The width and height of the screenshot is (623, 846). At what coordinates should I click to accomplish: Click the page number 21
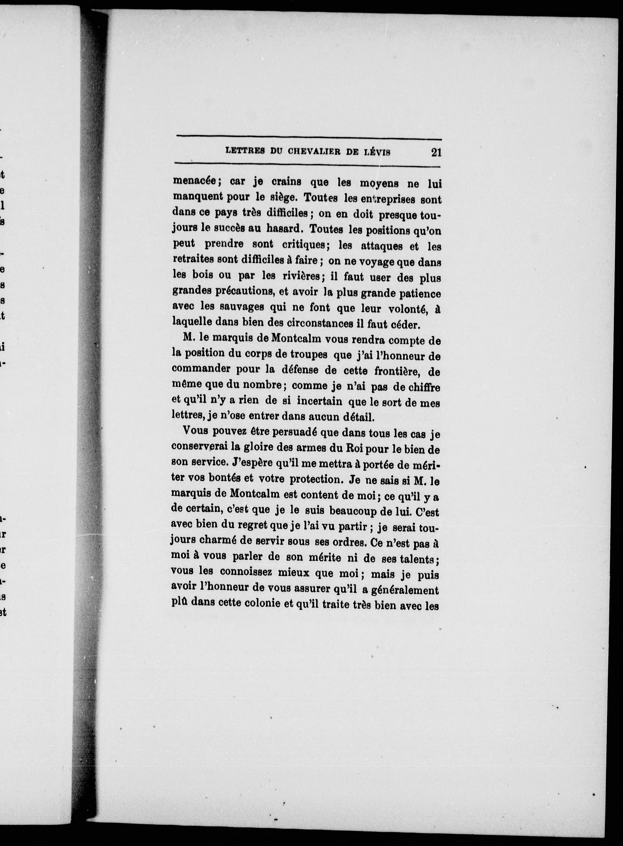tap(436, 153)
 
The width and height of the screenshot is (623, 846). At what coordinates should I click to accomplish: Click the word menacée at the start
tap(194, 181)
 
